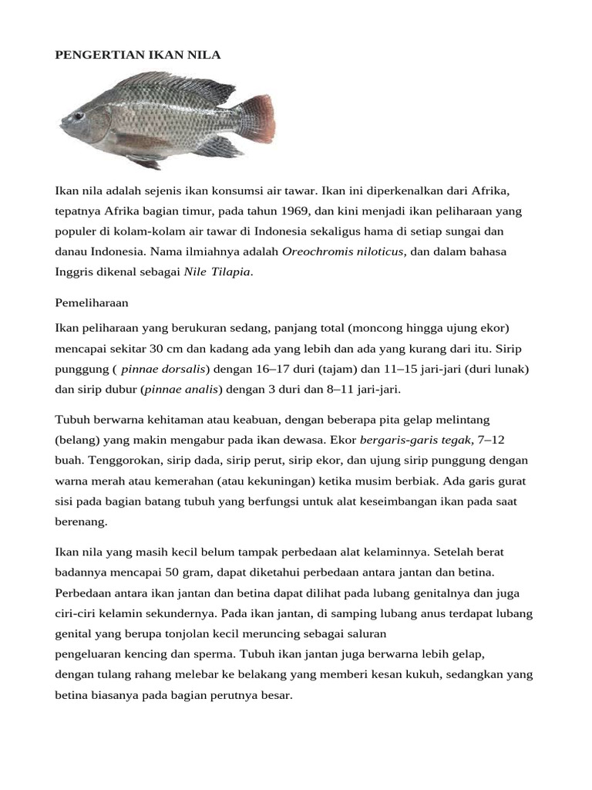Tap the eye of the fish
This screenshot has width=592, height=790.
(79, 116)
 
